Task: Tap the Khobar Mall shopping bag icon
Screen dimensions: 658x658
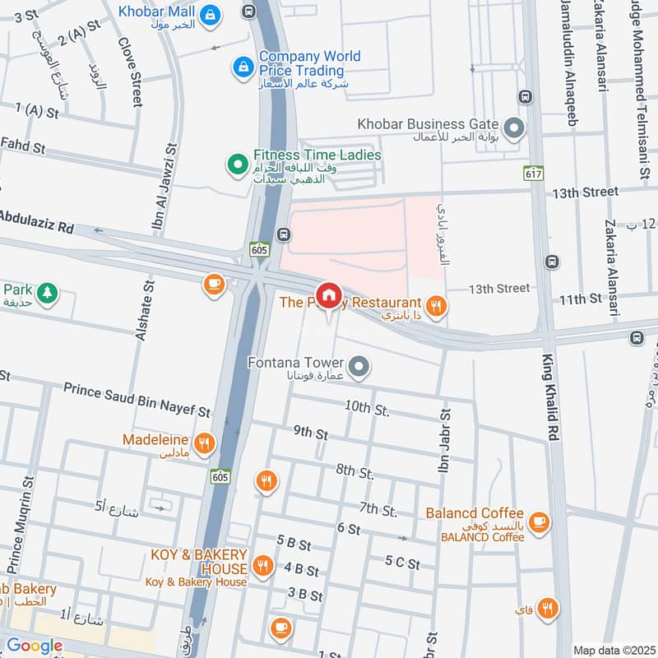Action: point(211,13)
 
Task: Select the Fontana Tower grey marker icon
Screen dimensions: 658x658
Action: point(359,364)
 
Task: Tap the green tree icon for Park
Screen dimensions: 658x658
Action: point(48,292)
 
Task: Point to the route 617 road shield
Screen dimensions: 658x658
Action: point(530,174)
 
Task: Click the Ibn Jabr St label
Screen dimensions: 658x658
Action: point(445,452)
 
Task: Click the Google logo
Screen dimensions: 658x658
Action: point(34,646)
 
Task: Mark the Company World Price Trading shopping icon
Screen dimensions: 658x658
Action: point(243,66)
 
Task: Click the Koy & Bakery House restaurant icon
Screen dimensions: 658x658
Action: point(263,564)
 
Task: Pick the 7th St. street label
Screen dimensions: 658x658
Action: point(378,511)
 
